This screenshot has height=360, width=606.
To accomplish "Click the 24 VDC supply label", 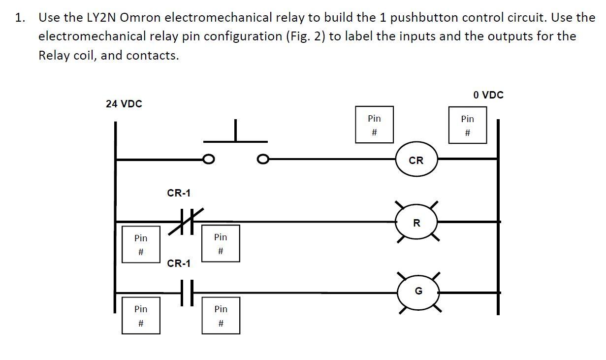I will click(x=124, y=104).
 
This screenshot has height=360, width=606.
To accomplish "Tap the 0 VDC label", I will click(x=488, y=95).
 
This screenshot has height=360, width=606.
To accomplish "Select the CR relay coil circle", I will click(x=416, y=160).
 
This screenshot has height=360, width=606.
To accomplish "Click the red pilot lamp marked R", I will click(x=416, y=223).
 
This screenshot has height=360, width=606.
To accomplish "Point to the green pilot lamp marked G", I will click(x=418, y=292).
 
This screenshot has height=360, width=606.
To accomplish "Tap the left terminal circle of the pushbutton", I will click(x=209, y=159).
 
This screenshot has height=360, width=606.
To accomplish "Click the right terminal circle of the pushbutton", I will click(x=263, y=159).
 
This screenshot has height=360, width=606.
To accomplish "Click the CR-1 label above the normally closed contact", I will click(x=179, y=193).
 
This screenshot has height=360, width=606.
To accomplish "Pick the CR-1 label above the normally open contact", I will click(x=179, y=263).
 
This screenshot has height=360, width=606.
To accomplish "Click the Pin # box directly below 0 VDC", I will click(x=468, y=126).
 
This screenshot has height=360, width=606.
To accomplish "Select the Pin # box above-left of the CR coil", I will click(x=374, y=125).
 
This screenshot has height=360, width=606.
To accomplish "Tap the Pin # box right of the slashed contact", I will click(x=221, y=244).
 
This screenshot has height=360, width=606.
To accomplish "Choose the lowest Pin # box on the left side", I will click(x=141, y=316).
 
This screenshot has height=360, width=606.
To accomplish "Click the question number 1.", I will click(x=20, y=18).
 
